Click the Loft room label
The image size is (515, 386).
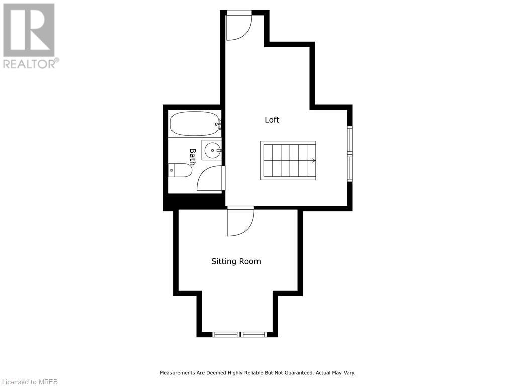coord(272,120)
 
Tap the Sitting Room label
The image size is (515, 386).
coord(235,261)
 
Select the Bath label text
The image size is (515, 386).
coord(192,157)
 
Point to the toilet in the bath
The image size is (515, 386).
coord(181,171)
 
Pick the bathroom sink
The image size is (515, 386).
coord(212,150)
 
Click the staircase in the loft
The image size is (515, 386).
coord(288,160)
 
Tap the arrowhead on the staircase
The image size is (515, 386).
coord(314,161)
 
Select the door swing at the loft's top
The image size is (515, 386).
coord(239,26)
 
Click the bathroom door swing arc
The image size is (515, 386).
coord(210,178)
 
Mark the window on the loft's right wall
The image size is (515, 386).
coord(350,154)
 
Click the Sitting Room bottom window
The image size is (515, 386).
coord(239,334)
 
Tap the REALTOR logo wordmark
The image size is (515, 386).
coord(31,64)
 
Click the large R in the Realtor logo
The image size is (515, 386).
coord(29,30)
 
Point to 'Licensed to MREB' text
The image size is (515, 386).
coord(29,381)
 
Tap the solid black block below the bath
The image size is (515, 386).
coord(194,202)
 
